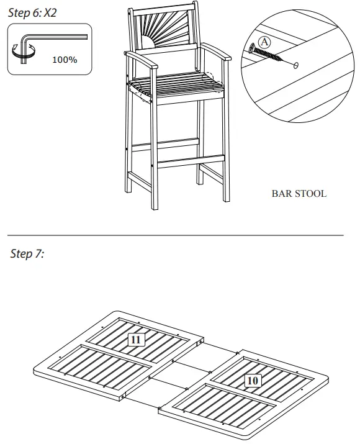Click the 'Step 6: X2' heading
(x=32, y=12)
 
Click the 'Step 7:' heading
(x=27, y=254)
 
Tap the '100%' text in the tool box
(x=65, y=60)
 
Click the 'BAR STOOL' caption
(x=299, y=193)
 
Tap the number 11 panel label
(x=136, y=339)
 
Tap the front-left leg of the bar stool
(x=152, y=161)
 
